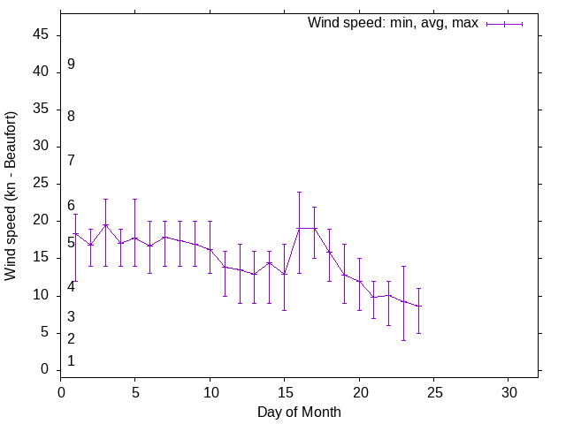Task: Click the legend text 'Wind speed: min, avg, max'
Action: click(x=392, y=23)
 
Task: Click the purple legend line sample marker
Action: click(x=504, y=24)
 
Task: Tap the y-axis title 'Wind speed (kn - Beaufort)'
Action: click(x=11, y=196)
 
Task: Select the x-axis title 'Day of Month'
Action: click(x=299, y=412)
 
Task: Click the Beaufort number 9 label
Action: click(x=71, y=64)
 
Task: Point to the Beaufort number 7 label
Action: click(x=71, y=160)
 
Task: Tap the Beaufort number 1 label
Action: click(x=71, y=360)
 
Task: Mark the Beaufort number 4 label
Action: click(x=71, y=287)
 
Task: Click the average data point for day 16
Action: click(x=299, y=228)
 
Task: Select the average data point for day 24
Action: click(x=418, y=307)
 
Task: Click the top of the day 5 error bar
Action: click(x=134, y=199)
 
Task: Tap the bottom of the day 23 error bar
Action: click(x=403, y=340)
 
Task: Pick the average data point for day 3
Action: click(x=105, y=224)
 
